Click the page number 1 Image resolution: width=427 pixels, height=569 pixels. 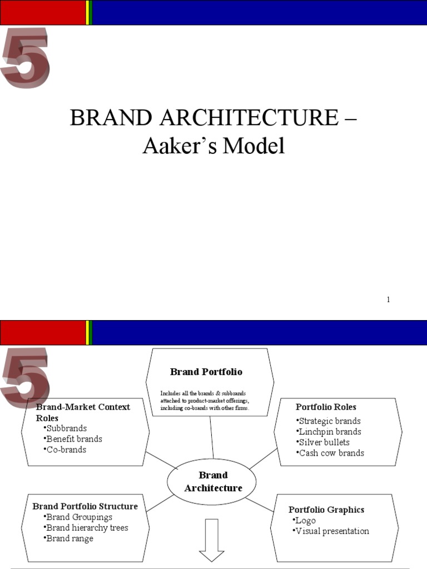[389, 300]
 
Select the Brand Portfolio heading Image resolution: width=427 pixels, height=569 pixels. [206, 372]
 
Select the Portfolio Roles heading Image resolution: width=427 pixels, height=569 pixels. [326, 407]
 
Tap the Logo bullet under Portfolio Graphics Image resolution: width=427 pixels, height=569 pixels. [304, 521]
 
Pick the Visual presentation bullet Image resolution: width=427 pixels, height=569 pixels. [330, 531]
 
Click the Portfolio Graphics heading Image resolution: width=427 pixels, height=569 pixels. [326, 510]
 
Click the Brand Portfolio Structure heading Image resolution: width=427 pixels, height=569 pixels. [85, 506]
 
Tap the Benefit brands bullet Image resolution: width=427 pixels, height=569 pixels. [72, 439]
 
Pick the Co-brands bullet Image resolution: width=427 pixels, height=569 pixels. [64, 450]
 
